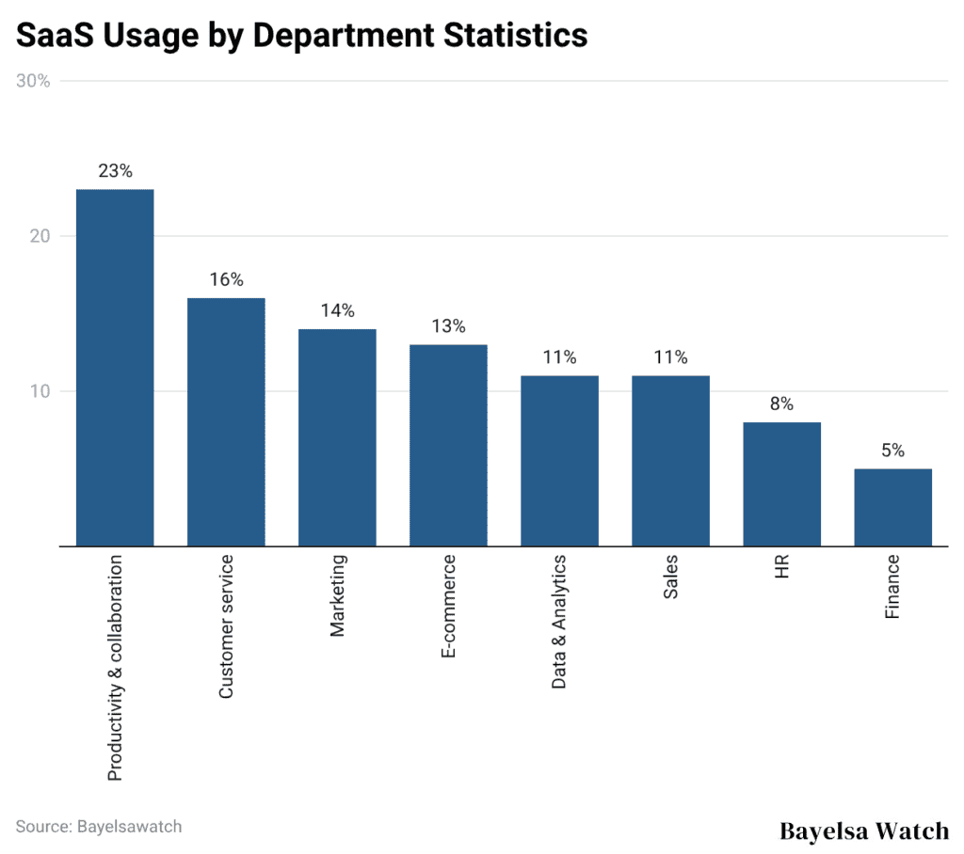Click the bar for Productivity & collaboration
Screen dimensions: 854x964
click(115, 367)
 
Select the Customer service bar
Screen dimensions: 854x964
click(226, 421)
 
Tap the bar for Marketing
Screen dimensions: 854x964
click(337, 437)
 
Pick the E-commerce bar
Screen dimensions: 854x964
click(448, 445)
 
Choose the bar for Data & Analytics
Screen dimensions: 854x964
click(559, 461)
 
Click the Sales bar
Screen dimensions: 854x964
click(670, 461)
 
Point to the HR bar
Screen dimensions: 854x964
click(781, 483)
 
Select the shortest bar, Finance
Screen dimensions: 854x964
click(892, 507)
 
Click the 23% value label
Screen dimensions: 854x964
click(115, 171)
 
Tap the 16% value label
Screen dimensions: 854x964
click(226, 279)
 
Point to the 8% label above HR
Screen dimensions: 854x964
click(781, 404)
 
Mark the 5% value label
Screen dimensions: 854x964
click(892, 451)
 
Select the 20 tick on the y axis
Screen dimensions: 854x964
click(40, 236)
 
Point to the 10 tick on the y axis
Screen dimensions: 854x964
click(40, 391)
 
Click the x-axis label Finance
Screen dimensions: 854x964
click(892, 586)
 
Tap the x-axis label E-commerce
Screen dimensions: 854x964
click(448, 606)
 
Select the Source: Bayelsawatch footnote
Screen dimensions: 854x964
click(98, 827)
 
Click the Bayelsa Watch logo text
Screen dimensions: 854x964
click(864, 830)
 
